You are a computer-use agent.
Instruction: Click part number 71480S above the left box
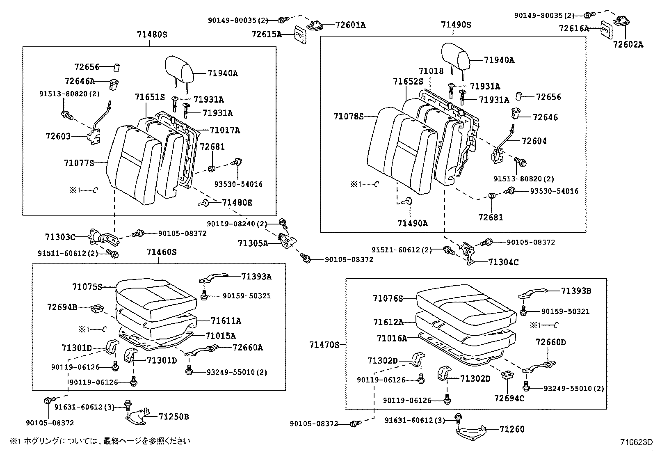[x=152, y=35]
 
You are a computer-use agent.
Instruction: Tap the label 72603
[x=58, y=136]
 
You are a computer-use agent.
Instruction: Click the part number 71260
[x=512, y=429]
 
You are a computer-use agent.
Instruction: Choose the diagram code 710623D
[x=635, y=442]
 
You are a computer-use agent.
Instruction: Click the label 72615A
[x=267, y=34]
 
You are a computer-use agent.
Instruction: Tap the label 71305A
[x=253, y=243]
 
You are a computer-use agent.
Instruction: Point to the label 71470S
[x=324, y=345]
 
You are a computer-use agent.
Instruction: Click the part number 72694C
[x=509, y=398]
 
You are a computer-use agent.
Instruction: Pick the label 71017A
[x=225, y=130]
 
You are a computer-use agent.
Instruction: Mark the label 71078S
[x=349, y=117]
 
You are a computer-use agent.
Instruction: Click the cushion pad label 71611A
[x=226, y=321]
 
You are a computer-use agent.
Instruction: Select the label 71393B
[x=576, y=291]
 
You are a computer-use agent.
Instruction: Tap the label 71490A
[x=412, y=223]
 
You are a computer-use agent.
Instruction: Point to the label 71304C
[x=503, y=262]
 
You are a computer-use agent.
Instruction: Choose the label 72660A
[x=248, y=348]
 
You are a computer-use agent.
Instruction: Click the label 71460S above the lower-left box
[x=162, y=252]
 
